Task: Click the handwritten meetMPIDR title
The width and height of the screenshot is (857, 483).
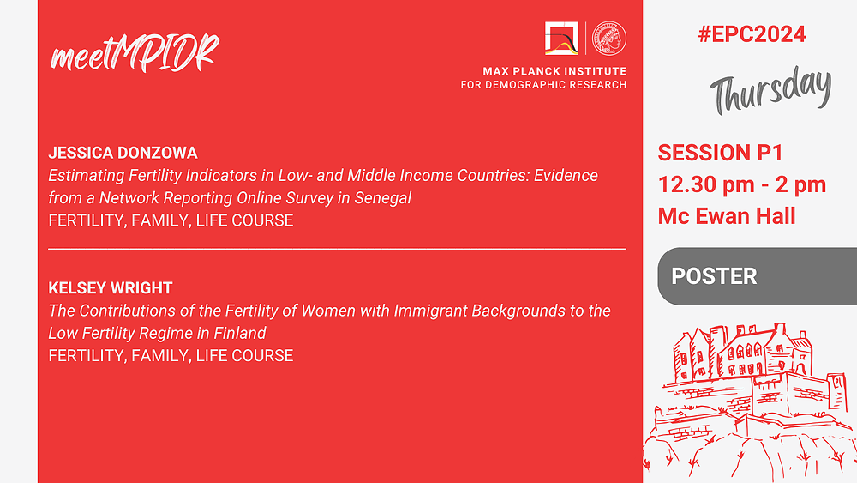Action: coord(135,53)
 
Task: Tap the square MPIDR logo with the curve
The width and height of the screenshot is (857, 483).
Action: coord(561,38)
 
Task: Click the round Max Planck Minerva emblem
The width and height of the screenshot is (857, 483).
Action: coord(609,38)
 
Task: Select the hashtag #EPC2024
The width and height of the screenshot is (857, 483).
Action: coord(752,34)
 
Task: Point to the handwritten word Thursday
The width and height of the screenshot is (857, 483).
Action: coord(771,90)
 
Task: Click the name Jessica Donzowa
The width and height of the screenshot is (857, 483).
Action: coord(123,153)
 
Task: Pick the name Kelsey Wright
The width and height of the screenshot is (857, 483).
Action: coord(111,287)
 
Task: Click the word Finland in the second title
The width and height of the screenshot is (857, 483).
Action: coord(240,333)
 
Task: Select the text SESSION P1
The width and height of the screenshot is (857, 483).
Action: coord(721,153)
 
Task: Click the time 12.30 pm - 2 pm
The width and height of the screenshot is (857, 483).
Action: coord(741,184)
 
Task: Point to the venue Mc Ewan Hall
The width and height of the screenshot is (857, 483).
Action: coord(727,216)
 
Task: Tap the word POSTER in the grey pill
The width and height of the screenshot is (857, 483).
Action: coord(714,276)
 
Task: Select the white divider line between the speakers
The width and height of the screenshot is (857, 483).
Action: coord(337,249)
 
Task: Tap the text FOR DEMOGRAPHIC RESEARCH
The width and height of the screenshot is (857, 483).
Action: coord(543,85)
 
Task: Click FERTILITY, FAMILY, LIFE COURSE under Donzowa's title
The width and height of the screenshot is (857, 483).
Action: coord(171,220)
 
